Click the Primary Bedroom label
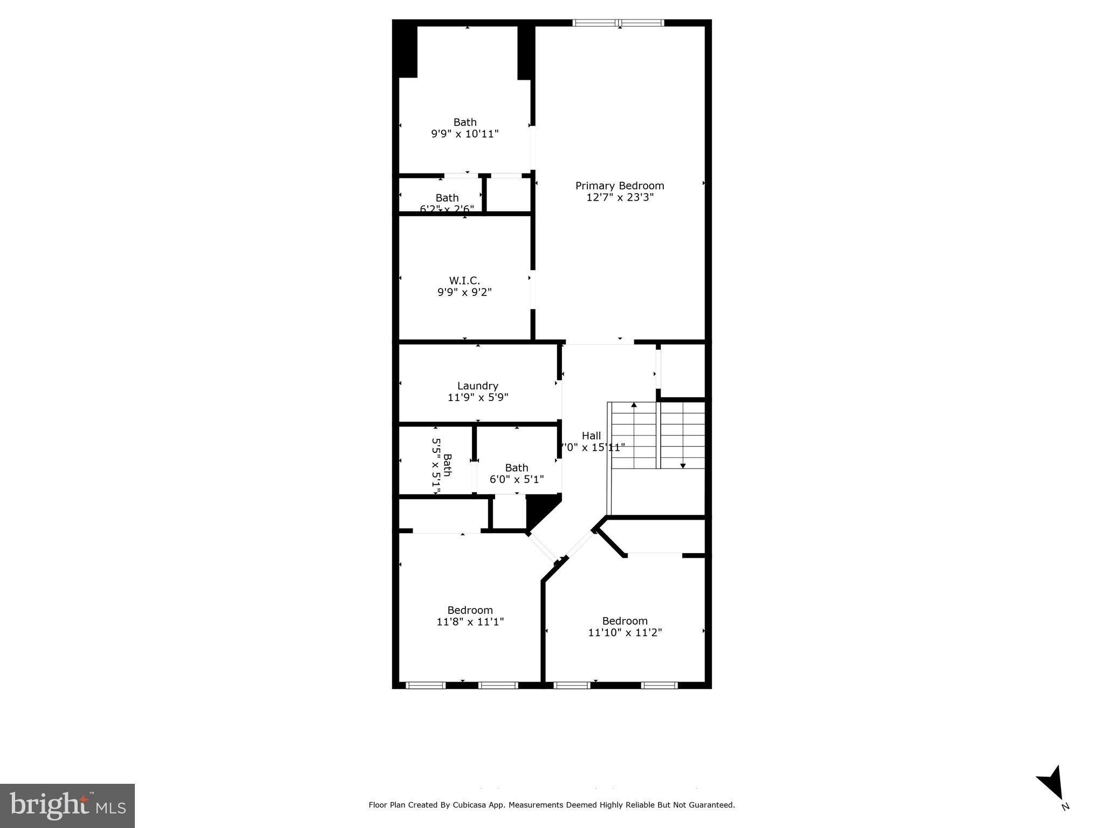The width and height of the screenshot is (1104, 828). tap(619, 185)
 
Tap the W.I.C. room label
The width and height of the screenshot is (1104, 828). tap(464, 280)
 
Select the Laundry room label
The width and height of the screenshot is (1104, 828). tap(477, 385)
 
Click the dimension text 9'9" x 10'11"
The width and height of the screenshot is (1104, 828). tap(464, 134)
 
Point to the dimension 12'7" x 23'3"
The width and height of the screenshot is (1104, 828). tap(619, 197)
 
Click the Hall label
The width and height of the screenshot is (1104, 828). tap(591, 436)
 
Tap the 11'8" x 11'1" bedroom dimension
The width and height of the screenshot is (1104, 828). tap(470, 622)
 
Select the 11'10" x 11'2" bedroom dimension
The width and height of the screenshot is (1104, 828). tap(625, 632)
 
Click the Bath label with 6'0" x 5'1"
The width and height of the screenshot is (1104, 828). tap(516, 467)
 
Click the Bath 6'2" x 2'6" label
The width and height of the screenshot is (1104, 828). tap(447, 198)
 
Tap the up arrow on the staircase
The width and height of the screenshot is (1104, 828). tap(634, 404)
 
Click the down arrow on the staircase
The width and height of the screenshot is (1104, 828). tap(683, 465)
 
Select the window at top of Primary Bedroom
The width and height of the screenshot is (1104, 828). tap(618, 23)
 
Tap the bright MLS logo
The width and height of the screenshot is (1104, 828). tap(67, 805)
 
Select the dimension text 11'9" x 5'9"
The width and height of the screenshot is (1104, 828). tap(477, 397)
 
